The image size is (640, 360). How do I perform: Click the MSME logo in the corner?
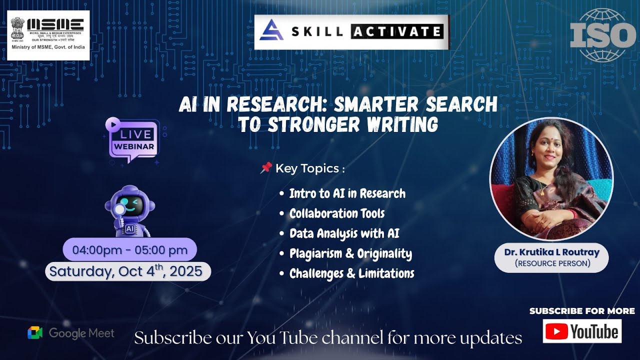tap(48, 35)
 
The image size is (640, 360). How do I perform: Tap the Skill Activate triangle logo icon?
tap(271, 31)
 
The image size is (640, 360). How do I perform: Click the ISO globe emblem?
tap(602, 35)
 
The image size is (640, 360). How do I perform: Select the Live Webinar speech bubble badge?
tap(133, 140)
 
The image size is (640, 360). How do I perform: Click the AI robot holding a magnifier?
tap(129, 210)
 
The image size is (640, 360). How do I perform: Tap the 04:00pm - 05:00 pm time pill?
tap(130, 249)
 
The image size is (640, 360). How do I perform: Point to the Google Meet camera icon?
tap(35, 333)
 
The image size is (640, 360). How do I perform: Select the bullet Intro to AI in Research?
tap(347, 193)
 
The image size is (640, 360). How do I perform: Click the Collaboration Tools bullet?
tap(337, 213)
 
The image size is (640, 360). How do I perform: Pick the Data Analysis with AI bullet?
tap(344, 233)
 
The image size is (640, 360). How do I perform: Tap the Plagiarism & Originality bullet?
tap(350, 253)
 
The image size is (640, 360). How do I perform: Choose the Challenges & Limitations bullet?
tap(351, 273)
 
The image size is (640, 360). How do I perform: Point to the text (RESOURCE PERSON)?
tap(551, 263)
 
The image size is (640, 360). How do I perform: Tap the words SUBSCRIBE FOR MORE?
tap(582, 311)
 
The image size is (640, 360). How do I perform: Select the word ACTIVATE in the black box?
tap(396, 32)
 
